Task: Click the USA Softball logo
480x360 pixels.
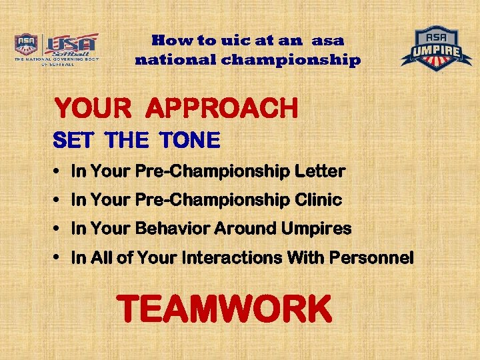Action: click(56, 49)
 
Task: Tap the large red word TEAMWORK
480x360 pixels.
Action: click(224, 310)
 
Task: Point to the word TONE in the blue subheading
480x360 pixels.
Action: click(189, 141)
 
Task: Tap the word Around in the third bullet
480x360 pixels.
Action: click(248, 229)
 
